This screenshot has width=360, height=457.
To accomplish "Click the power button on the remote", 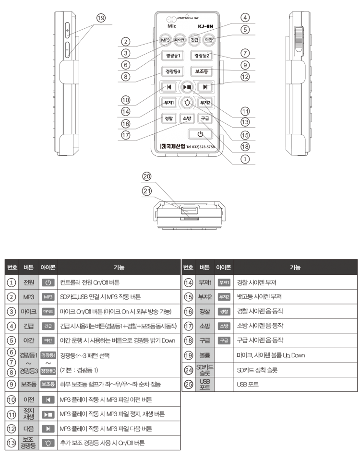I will [x=200, y=134].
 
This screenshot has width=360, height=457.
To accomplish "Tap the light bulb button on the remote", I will [x=187, y=103].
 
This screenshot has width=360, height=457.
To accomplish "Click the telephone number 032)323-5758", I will [x=201, y=146].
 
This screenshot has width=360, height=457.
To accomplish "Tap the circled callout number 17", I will [x=126, y=135].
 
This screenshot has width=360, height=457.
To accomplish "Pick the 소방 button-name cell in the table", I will [x=204, y=326].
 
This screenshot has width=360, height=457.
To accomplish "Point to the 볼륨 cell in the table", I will [x=204, y=355].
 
